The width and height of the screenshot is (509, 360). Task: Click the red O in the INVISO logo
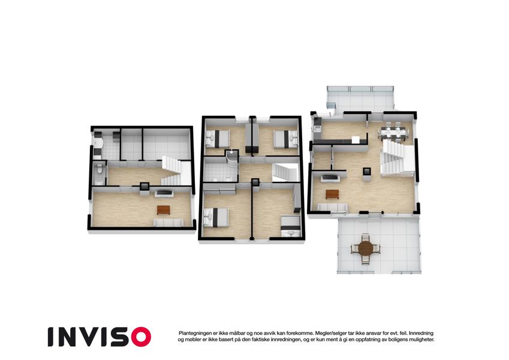(141, 337)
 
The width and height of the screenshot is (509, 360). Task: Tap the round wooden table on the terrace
(366, 248)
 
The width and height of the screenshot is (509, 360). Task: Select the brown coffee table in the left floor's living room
(163, 210)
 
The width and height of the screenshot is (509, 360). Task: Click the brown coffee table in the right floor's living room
(332, 194)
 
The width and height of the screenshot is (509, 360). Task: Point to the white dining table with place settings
(394, 132)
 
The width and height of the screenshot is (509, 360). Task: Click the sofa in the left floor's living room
(168, 223)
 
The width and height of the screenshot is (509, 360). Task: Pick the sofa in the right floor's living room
(332, 208)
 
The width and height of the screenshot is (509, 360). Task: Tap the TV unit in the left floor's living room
(164, 194)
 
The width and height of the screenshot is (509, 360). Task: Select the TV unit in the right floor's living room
(330, 178)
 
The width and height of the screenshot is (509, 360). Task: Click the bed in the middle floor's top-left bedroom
(217, 139)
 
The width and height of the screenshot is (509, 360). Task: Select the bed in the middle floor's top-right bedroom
(286, 139)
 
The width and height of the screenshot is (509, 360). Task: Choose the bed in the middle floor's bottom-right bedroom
(291, 226)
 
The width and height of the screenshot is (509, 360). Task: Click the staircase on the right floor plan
(397, 158)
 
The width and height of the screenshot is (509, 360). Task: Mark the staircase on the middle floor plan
(285, 173)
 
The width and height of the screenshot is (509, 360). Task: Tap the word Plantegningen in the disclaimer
(195, 333)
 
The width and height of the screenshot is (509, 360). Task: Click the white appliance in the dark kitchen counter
(356, 140)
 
